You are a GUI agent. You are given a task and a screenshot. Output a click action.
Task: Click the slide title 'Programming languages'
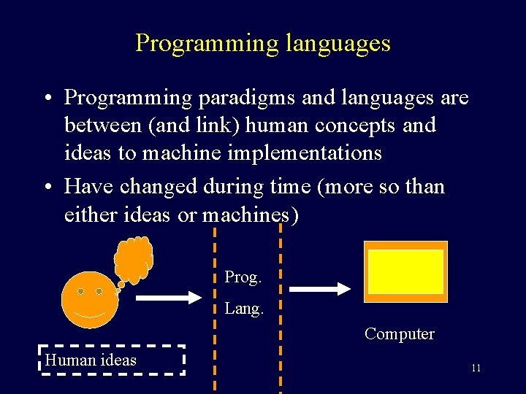(263, 43)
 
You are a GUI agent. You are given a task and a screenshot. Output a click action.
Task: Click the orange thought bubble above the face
(134, 257)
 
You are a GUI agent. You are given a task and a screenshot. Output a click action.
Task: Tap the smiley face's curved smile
(89, 317)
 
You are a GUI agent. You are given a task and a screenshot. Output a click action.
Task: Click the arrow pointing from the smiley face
(169, 297)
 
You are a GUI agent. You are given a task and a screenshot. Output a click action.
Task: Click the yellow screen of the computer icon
(405, 271)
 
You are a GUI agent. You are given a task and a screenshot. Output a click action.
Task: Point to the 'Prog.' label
(242, 277)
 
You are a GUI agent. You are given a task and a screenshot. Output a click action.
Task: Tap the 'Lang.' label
(243, 309)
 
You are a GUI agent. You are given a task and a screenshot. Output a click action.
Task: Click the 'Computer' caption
(399, 334)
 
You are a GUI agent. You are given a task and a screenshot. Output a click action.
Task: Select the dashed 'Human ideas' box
(111, 360)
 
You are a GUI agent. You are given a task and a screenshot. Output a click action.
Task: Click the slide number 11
(476, 368)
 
